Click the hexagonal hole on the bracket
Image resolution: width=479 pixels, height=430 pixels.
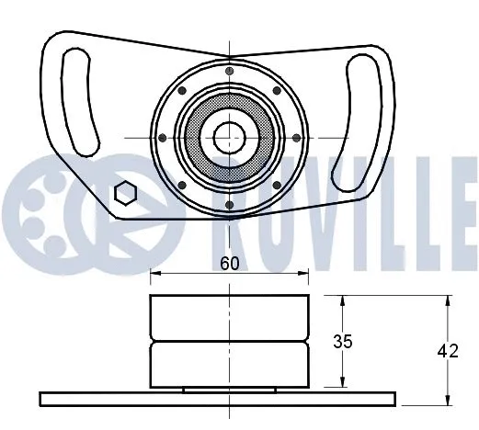click(125, 193)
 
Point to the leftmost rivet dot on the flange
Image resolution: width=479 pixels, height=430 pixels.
click(163, 138)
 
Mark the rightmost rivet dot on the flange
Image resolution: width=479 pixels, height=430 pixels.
click(296, 138)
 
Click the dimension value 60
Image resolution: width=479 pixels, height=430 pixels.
click(229, 264)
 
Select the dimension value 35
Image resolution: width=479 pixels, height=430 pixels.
click(342, 342)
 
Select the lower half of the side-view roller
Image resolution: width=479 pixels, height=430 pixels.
click(229, 364)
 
